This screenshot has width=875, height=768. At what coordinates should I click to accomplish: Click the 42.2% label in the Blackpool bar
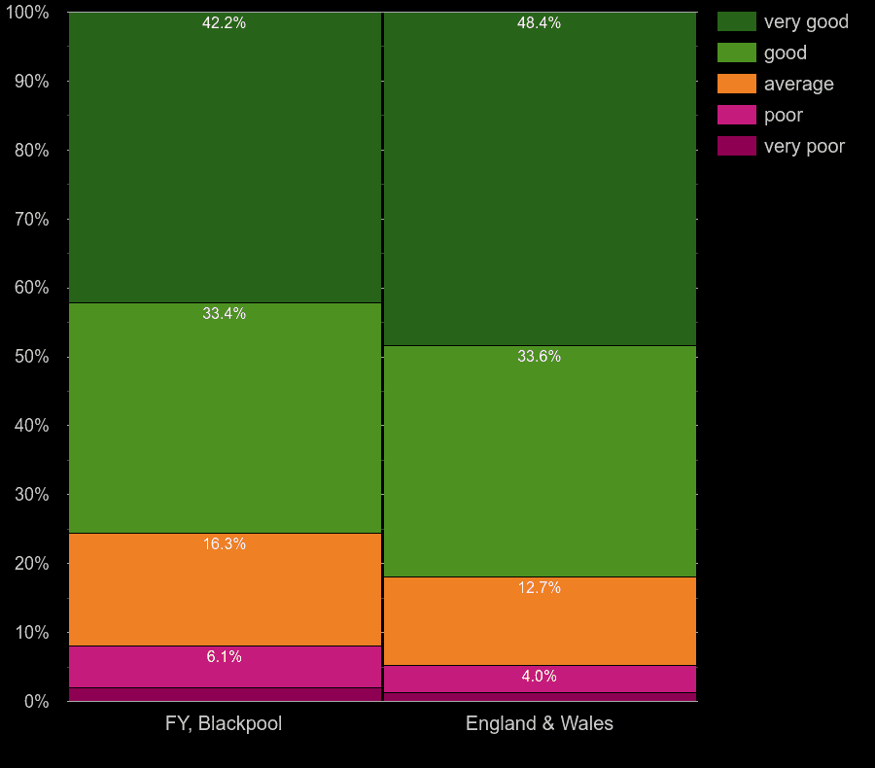pyautogui.click(x=224, y=23)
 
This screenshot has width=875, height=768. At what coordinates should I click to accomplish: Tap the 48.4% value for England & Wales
pyautogui.click(x=539, y=23)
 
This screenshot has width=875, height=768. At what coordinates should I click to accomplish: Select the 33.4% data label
pyautogui.click(x=224, y=313)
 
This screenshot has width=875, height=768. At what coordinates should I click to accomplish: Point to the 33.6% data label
pyautogui.click(x=539, y=356)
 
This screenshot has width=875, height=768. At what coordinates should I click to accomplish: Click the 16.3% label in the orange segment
pyautogui.click(x=224, y=543)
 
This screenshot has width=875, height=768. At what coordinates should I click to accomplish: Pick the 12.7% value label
pyautogui.click(x=539, y=587)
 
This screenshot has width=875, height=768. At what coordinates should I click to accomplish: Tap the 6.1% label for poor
pyautogui.click(x=224, y=656)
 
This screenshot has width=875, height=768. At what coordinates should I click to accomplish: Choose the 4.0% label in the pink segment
pyautogui.click(x=539, y=676)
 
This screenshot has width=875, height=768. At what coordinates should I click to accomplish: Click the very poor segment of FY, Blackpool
pyautogui.click(x=224, y=694)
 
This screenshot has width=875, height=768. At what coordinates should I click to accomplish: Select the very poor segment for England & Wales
pyautogui.click(x=539, y=697)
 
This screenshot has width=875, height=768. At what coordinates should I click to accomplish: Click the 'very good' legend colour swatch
pyautogui.click(x=736, y=21)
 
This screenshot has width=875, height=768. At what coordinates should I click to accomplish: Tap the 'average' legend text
pyautogui.click(x=798, y=84)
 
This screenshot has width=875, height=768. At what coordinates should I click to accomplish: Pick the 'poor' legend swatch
pyautogui.click(x=736, y=115)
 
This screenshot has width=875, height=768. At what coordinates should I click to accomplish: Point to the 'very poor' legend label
pyautogui.click(x=804, y=146)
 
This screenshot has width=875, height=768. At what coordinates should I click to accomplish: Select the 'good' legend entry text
pyautogui.click(x=785, y=52)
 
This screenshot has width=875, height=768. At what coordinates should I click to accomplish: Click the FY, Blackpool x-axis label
pyautogui.click(x=224, y=723)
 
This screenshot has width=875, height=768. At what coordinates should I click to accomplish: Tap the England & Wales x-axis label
pyautogui.click(x=539, y=723)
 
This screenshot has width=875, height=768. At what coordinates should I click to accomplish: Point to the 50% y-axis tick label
pyautogui.click(x=31, y=357)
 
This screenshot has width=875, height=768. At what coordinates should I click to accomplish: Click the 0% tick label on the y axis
pyautogui.click(x=36, y=701)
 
